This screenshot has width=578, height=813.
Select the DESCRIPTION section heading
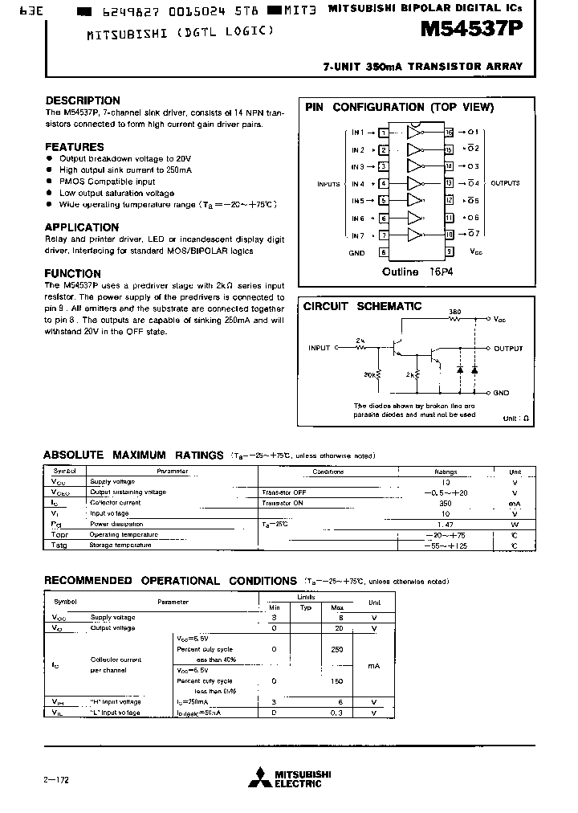(83, 101)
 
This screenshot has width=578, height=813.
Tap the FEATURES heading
(75, 147)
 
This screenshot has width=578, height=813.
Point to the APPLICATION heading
(82, 227)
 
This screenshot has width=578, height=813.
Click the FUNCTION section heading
(73, 273)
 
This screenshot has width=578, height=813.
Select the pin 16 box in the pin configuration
(450, 132)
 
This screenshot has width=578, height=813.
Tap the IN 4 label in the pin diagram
(357, 184)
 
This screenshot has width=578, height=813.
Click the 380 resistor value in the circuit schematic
(454, 312)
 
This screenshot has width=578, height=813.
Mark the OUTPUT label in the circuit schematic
(508, 349)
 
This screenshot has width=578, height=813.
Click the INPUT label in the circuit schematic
(319, 349)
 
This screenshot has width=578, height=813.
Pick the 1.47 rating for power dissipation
(445, 524)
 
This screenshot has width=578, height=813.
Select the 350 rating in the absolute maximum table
(445, 503)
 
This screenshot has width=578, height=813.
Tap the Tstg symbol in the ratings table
(60, 545)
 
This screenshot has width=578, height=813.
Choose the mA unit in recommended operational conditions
(373, 666)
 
